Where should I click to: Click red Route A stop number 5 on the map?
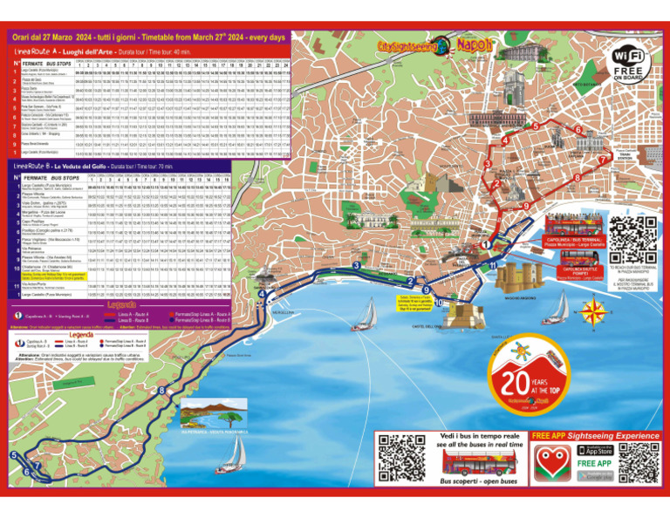pos(535,126)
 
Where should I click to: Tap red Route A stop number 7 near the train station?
pos(601,160)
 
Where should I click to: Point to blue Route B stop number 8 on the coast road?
pos(161,390)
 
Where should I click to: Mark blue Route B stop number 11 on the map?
pos(493,264)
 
